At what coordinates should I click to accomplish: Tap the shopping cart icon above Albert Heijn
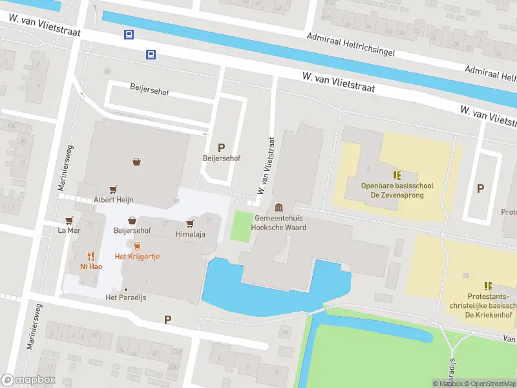tap(114, 189)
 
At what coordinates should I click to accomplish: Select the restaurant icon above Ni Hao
tap(90, 255)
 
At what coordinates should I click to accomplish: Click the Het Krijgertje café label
tap(137, 257)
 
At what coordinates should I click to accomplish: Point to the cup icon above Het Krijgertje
tap(137, 246)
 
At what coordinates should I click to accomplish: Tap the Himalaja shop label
tap(190, 234)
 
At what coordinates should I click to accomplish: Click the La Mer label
tap(69, 230)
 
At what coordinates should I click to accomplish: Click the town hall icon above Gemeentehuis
tap(279, 207)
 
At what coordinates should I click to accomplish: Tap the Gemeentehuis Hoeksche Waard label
tap(279, 223)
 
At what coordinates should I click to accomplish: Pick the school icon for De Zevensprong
tap(397, 175)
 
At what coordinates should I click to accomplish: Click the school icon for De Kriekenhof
tap(488, 285)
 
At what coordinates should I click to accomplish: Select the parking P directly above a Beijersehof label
tap(221, 147)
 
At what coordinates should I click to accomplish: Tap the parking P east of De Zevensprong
tap(480, 188)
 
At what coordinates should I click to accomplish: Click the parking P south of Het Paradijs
tap(168, 319)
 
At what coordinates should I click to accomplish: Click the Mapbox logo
tap(28, 380)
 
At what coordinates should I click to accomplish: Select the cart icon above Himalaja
tap(190, 223)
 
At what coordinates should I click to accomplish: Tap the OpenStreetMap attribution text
tap(490, 383)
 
